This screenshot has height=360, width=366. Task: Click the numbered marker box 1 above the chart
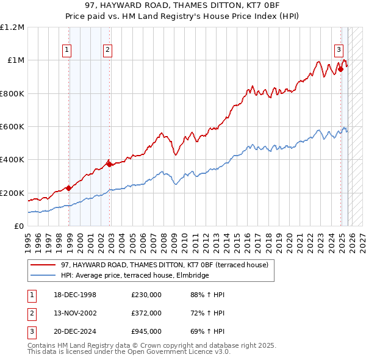(66, 51)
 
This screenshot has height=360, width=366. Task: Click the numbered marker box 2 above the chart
(107, 51)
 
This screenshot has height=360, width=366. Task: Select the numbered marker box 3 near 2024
(338, 51)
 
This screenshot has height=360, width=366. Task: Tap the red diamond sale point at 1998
(69, 188)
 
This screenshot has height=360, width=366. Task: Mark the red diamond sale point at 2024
(341, 69)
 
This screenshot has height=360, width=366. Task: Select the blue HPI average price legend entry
(135, 276)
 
